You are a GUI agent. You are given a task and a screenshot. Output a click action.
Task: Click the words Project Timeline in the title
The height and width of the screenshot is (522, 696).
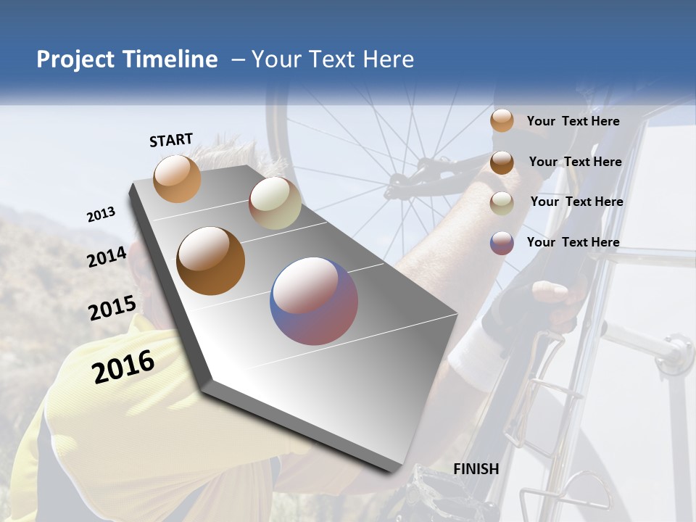point(127,59)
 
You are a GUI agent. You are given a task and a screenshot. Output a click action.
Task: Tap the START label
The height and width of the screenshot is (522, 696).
point(171,140)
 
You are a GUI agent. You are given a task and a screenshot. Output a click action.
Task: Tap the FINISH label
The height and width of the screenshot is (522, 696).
point(476,469)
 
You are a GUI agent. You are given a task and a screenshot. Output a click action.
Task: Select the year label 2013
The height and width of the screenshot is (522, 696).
point(101,215)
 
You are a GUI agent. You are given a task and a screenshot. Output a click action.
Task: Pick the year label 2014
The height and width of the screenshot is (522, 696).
point(107,257)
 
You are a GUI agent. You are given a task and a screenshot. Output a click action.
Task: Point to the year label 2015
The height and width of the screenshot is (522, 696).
point(112,308)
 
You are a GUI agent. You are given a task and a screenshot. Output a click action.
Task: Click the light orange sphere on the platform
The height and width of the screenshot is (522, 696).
point(178,178)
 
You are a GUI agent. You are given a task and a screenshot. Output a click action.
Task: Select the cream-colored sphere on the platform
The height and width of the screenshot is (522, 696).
point(275,203)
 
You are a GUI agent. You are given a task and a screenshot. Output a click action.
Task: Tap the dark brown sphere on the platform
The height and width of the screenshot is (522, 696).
point(211,261)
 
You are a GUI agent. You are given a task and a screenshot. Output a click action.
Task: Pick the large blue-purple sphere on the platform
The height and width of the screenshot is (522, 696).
point(314,301)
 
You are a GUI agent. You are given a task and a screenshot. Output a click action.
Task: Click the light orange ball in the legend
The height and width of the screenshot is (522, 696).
point(502,121)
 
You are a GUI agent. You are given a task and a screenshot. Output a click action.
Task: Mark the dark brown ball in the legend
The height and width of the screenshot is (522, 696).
point(502,162)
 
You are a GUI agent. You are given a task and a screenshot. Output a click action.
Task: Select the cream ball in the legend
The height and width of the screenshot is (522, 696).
point(502,203)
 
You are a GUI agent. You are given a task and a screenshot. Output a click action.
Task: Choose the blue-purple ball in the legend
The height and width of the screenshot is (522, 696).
point(502,243)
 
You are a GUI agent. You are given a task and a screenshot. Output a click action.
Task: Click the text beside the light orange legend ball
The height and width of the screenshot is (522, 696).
point(573,121)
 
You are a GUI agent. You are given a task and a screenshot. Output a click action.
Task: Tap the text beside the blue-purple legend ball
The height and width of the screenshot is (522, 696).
point(573,242)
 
